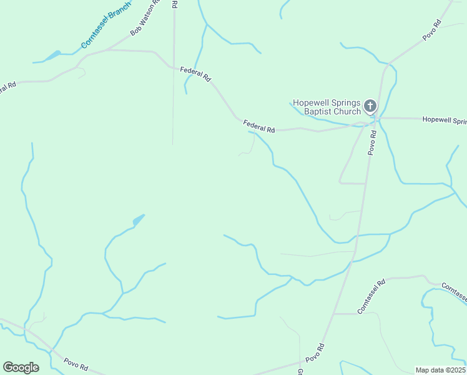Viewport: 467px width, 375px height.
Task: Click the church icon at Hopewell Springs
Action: tap(370, 106)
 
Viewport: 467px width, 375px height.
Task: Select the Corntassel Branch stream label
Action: tap(106, 25)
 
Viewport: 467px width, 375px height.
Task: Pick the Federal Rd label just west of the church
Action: tap(258, 126)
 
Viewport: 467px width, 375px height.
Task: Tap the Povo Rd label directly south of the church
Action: tap(373, 142)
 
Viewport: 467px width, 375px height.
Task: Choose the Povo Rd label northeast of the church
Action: tap(432, 31)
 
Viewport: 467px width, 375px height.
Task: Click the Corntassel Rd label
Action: tap(371, 297)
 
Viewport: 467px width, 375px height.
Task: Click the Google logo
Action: tap(21, 367)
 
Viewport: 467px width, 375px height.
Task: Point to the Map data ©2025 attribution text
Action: tap(440, 369)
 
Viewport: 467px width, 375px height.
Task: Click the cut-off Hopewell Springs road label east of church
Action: tap(444, 119)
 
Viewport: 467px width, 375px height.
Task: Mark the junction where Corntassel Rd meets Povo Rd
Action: tap(333, 314)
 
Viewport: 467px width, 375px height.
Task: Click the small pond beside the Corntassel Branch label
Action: tap(52, 56)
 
